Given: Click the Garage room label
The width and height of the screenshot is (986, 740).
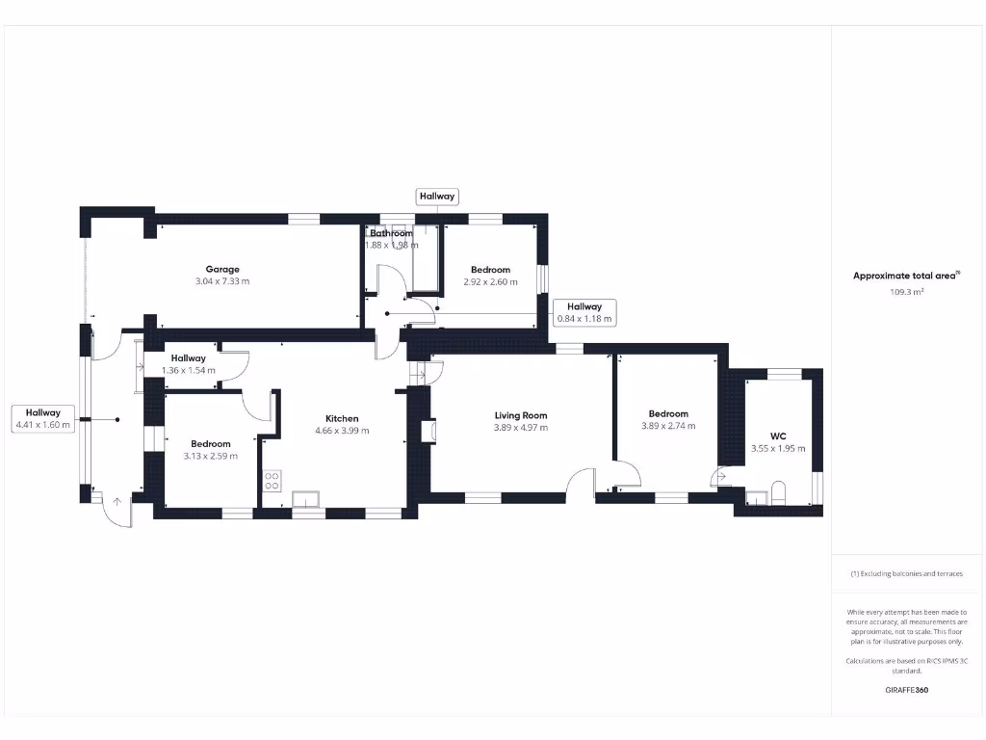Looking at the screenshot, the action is click(x=222, y=269).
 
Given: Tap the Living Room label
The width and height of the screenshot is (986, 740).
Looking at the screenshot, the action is click(x=520, y=415).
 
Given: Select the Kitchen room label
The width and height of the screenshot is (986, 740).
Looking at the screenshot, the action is click(x=342, y=418).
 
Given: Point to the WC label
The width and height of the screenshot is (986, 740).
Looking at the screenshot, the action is click(x=778, y=436).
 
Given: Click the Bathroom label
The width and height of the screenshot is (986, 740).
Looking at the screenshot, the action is click(x=391, y=233).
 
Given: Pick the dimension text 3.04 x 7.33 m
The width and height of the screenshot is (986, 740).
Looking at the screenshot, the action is click(x=222, y=281).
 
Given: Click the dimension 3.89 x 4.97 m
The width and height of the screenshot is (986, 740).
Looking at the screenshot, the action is click(x=520, y=428).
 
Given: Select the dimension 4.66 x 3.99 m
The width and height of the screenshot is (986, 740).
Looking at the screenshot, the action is click(x=342, y=431).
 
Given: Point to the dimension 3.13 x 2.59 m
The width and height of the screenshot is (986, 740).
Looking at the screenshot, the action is click(x=210, y=456).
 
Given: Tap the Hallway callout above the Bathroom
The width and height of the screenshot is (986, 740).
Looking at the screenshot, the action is click(x=436, y=197).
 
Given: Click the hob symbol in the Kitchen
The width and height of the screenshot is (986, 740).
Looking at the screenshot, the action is click(x=272, y=480).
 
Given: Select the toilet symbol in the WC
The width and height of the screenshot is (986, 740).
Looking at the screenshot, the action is click(x=778, y=495).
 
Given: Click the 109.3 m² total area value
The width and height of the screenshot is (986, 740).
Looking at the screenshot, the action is click(x=906, y=290).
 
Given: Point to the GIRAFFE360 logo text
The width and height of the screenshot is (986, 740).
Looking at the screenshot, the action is click(x=906, y=690).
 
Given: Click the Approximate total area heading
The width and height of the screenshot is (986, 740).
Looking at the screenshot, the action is click(x=905, y=276).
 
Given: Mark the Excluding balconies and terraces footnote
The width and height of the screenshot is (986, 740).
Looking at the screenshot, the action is click(x=906, y=573).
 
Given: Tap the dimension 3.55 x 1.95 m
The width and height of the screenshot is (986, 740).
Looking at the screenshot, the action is click(x=778, y=448).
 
